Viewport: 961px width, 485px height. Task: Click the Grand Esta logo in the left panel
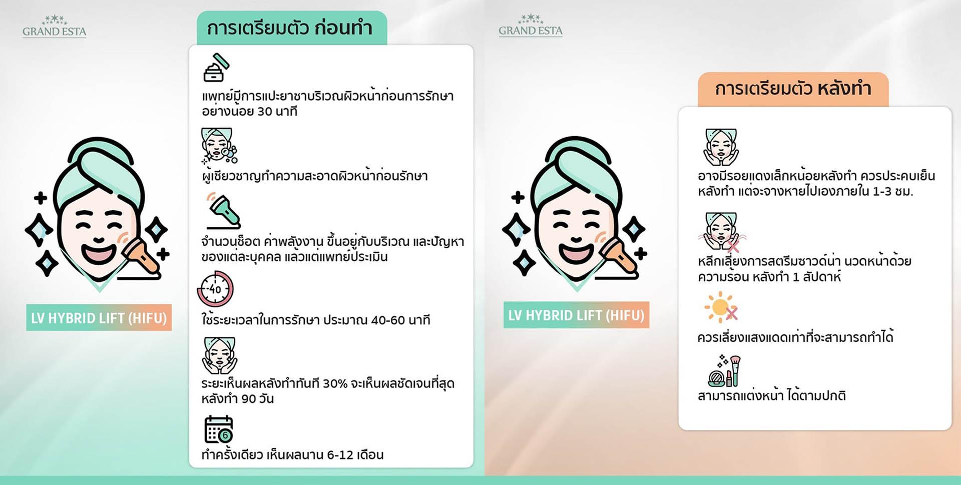pyautogui.click(x=54, y=27)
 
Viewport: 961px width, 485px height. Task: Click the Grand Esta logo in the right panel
pyautogui.click(x=531, y=26)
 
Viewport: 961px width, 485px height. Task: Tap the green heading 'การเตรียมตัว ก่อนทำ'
pyautogui.click(x=290, y=28)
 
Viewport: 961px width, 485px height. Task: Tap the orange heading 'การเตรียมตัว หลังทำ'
pyautogui.click(x=793, y=89)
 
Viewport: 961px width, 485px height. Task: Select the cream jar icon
pyautogui.click(x=216, y=68)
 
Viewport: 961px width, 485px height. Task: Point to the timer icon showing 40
pyautogui.click(x=215, y=289)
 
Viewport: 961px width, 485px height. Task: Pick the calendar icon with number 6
pyautogui.click(x=219, y=429)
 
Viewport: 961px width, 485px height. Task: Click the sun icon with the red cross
pyautogui.click(x=721, y=307)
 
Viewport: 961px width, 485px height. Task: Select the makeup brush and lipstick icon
pyautogui.click(x=724, y=371)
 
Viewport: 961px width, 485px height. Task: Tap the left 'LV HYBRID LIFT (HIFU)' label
pyautogui.click(x=99, y=318)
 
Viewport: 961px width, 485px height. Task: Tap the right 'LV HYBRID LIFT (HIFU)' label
pyautogui.click(x=576, y=315)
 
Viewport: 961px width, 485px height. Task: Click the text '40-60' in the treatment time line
pyautogui.click(x=388, y=320)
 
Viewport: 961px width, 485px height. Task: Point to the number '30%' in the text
pyautogui.click(x=335, y=384)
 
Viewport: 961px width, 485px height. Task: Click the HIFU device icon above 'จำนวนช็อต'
pyautogui.click(x=223, y=211)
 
